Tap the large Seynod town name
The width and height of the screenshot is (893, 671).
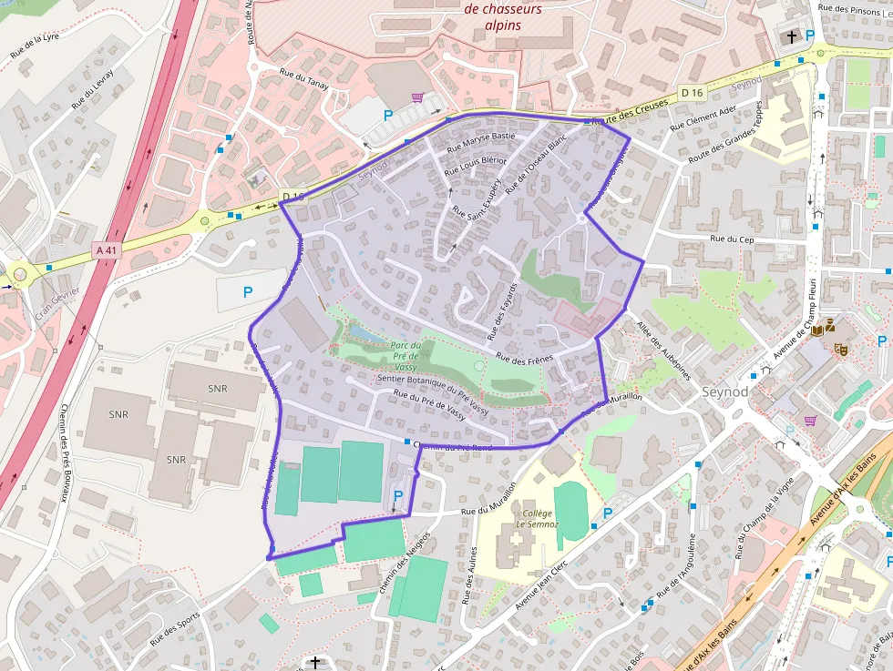pyautogui.click(x=725, y=391)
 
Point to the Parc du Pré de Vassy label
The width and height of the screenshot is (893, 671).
pyautogui.click(x=405, y=355)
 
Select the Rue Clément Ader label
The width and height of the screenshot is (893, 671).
pyautogui.click(x=703, y=117)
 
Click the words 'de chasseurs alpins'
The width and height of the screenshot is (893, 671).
pyautogui.click(x=503, y=17)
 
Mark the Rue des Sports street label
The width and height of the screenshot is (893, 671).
pyautogui.click(x=175, y=629)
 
